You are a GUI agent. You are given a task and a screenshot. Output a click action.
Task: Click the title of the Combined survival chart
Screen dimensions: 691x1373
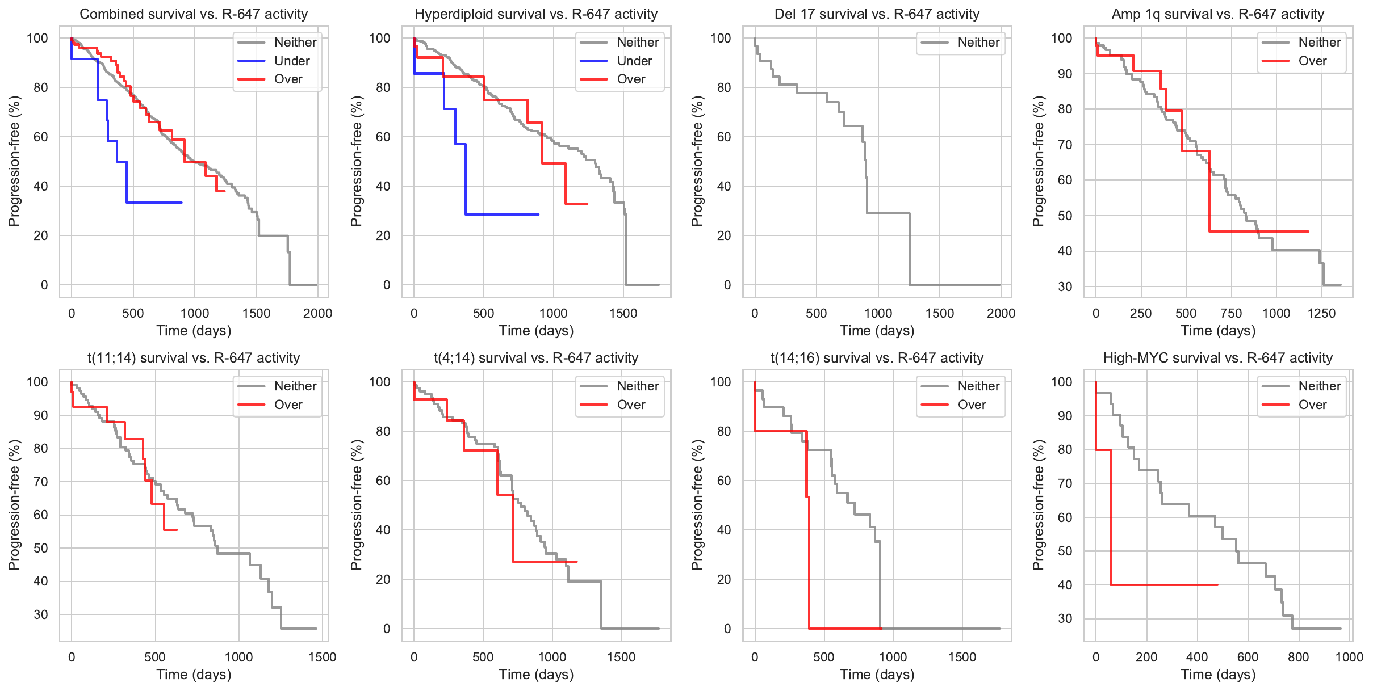tap(194, 14)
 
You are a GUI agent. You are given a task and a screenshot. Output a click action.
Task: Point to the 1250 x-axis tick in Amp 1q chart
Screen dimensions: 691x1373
tap(1321, 313)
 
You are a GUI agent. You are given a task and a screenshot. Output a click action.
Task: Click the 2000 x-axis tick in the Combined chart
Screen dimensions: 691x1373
tap(317, 313)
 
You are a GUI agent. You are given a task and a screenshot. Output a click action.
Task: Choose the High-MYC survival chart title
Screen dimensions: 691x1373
tap(1217, 358)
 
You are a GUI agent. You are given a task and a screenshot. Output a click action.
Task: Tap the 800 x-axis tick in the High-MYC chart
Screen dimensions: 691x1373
tap(1298, 657)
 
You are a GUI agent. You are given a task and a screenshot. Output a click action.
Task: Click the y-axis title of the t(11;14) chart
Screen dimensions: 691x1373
tap(14, 504)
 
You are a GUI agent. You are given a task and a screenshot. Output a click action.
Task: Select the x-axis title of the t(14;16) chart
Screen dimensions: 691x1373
tap(877, 675)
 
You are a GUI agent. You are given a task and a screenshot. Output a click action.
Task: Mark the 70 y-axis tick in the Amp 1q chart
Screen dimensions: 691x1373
tap(1065, 145)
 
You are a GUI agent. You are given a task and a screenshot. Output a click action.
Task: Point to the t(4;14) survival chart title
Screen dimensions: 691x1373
tap(535, 358)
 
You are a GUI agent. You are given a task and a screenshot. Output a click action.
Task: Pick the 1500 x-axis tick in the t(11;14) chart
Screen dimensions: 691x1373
tap(322, 657)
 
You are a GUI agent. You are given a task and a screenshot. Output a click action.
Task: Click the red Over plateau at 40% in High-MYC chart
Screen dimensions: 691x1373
tap(1164, 585)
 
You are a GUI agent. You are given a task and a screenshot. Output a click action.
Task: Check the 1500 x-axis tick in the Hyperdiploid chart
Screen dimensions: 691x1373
tap(623, 313)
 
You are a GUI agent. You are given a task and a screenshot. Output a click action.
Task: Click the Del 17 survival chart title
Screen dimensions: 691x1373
tap(877, 14)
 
